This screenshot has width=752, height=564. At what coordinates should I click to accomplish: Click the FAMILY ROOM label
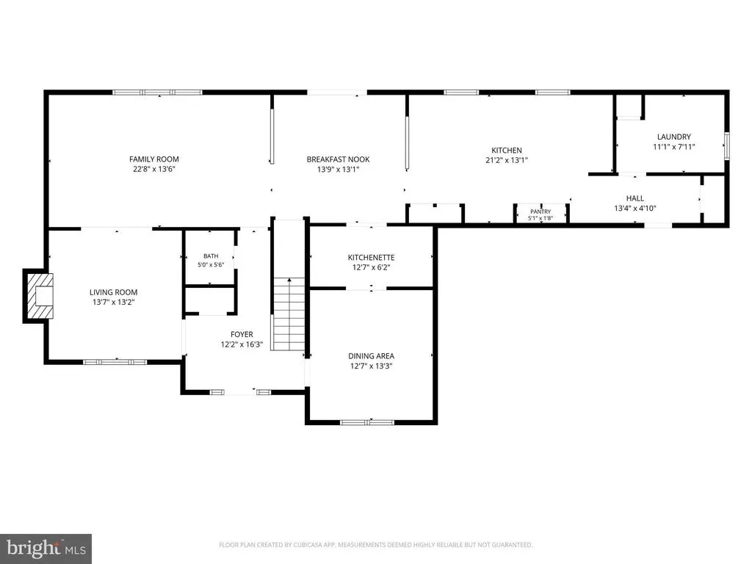(x=154, y=159)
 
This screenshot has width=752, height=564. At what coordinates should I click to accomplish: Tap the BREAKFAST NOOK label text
(x=338, y=159)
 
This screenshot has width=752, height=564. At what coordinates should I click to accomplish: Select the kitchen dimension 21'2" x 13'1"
(x=507, y=160)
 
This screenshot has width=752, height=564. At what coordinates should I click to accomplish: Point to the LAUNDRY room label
(x=674, y=137)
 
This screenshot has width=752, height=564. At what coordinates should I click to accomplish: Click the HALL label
(x=635, y=198)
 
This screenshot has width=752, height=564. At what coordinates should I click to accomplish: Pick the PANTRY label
(x=540, y=211)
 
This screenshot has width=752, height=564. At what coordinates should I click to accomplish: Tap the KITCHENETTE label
(x=371, y=258)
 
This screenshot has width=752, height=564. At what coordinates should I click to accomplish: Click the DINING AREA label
(x=371, y=356)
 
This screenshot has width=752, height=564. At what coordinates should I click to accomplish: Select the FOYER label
(x=242, y=334)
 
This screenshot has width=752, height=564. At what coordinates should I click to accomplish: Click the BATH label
(x=211, y=256)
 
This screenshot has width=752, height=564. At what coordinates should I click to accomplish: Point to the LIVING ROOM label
(x=114, y=292)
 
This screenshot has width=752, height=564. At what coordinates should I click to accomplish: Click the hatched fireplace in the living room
(x=40, y=296)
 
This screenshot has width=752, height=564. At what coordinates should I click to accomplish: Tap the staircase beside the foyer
(x=288, y=314)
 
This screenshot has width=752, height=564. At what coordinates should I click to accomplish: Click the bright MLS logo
(x=46, y=549)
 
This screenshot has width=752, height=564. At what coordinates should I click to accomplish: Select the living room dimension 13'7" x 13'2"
(x=114, y=302)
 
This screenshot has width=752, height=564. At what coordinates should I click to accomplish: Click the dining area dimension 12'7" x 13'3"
(x=371, y=366)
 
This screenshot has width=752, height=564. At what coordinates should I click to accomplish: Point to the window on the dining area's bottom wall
(x=367, y=422)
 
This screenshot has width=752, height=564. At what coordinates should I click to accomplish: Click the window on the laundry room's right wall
(x=726, y=146)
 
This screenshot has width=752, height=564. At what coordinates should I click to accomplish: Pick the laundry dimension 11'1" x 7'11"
(x=674, y=147)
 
